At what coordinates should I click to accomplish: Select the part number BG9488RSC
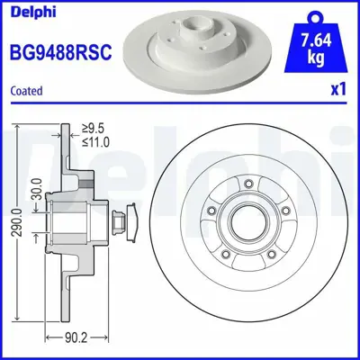(x=59, y=52)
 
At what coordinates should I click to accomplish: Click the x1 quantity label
(x=339, y=91)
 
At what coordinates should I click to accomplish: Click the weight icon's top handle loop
(x=315, y=14)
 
